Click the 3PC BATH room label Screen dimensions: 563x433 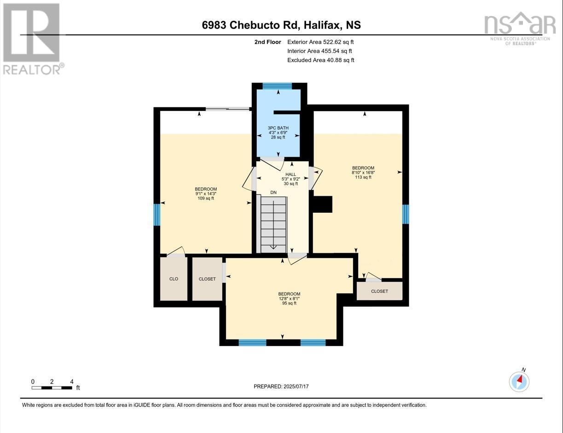(x=278, y=132)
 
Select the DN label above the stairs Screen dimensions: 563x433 (x=273, y=193)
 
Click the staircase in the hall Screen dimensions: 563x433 (x=273, y=225)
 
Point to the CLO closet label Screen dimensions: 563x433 (x=174, y=279)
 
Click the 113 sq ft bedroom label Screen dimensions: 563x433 (x=363, y=173)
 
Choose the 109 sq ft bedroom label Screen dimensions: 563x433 (x=206, y=194)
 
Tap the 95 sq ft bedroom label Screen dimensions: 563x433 (x=289, y=298)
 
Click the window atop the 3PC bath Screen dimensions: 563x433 (x=277, y=86)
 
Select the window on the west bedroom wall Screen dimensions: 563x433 (x=157, y=215)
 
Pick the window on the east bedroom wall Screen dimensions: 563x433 (x=406, y=214)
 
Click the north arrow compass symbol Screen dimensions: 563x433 (x=519, y=382)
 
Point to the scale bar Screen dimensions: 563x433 (x=52, y=388)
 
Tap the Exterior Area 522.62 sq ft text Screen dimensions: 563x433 (x=320, y=42)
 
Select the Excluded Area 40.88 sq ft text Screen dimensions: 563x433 (x=321, y=60)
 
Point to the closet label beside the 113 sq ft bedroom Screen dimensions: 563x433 (x=380, y=291)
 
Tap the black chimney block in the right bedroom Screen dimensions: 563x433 (x=323, y=205)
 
